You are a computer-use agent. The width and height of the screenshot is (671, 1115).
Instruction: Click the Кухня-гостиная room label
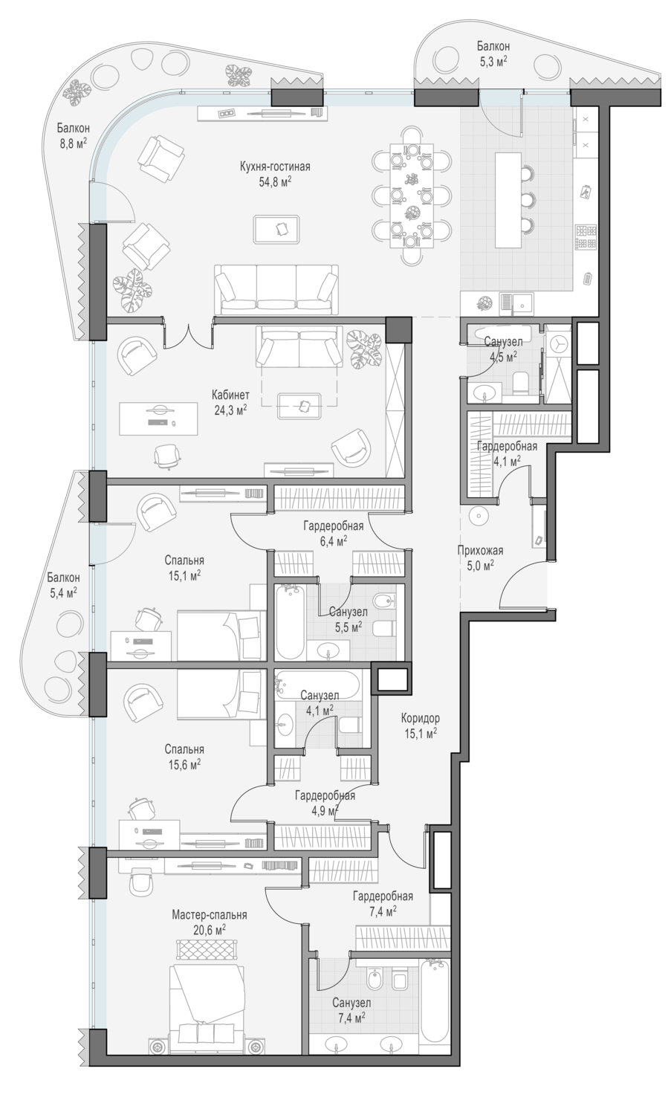275,167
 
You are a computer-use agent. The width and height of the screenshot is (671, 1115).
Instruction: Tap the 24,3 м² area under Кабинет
230,410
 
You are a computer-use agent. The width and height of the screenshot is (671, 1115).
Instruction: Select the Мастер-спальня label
209,914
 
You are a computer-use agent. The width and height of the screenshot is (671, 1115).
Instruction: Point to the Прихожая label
480,551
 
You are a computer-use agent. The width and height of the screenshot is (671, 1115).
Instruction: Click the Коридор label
420,718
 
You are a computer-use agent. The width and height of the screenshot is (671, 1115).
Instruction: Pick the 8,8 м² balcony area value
73,143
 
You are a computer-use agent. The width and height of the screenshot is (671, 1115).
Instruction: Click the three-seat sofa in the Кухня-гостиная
276,289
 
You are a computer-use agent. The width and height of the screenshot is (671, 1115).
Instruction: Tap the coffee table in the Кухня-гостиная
276,229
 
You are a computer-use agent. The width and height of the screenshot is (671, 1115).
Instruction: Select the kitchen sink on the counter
516,303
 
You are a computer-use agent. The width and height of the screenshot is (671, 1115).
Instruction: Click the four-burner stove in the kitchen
586,237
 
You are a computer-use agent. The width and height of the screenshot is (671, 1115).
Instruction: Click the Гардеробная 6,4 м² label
333,533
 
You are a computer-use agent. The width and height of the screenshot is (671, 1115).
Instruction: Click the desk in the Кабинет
159,418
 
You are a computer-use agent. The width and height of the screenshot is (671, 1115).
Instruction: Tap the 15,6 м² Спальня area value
184,764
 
